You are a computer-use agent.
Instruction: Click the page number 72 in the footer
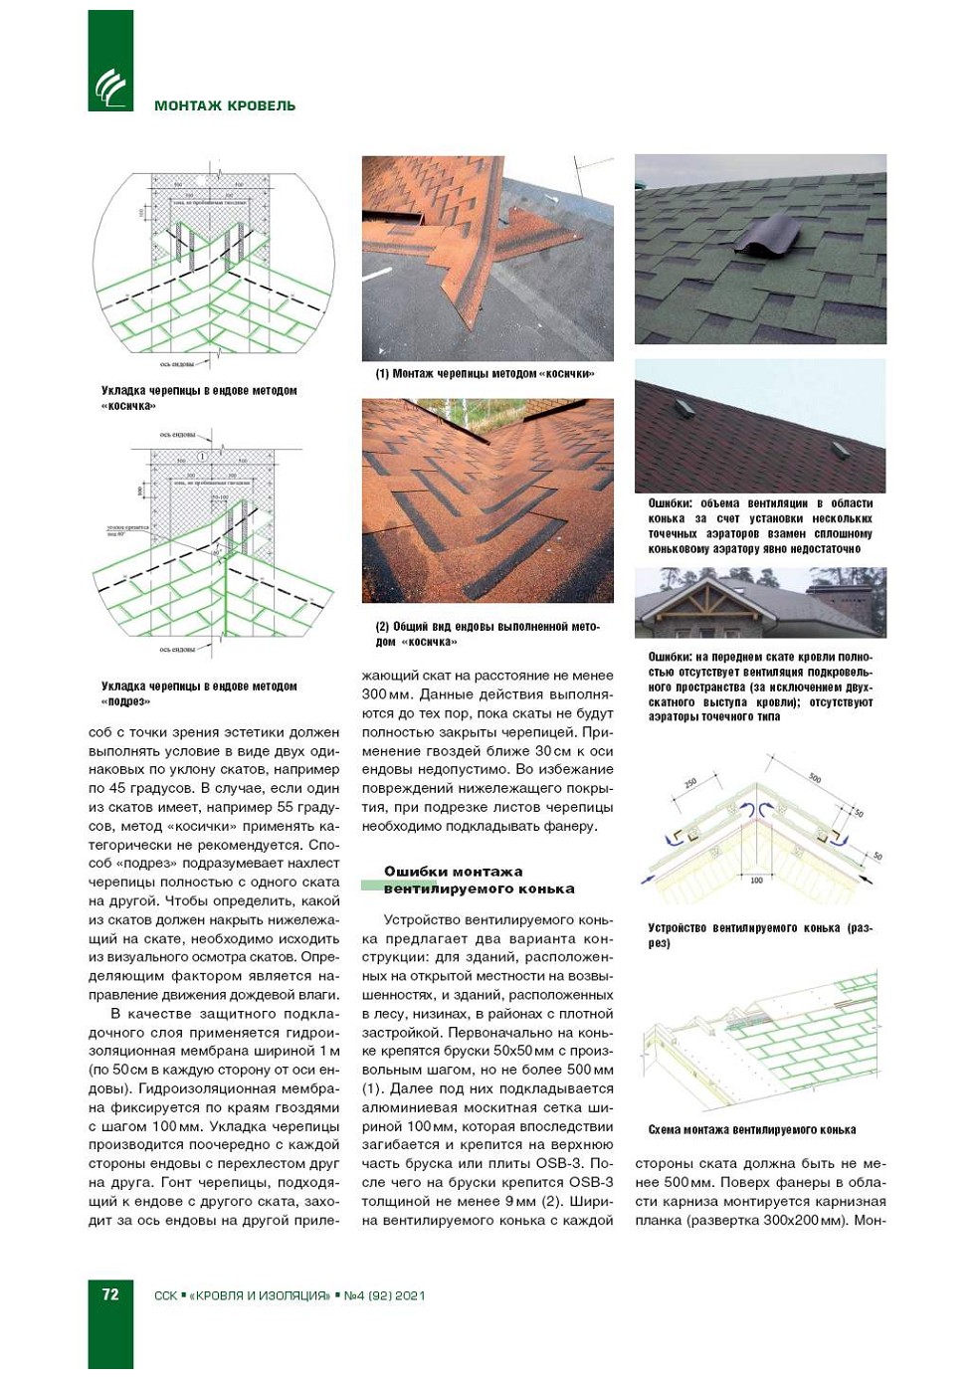click(110, 1294)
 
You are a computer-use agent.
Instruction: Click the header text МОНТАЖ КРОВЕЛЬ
click(225, 105)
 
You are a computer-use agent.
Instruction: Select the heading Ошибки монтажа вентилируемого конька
click(479, 880)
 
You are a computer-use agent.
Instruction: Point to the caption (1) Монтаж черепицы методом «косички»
click(485, 374)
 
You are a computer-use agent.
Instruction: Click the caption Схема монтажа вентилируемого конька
click(751, 1129)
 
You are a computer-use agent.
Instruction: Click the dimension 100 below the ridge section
click(756, 881)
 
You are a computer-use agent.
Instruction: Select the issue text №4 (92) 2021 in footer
click(384, 1295)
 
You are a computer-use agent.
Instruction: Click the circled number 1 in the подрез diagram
click(203, 456)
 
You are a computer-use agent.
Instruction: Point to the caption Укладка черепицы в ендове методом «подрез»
click(199, 693)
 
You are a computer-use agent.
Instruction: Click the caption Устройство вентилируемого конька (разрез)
click(759, 935)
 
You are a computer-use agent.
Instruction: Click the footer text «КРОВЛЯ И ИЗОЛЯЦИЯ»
click(259, 1295)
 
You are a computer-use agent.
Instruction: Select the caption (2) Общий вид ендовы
click(487, 634)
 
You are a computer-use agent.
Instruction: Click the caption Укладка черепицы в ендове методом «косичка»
click(199, 398)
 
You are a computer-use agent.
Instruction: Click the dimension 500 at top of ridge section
click(815, 778)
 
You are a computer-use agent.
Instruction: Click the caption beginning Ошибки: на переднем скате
click(760, 687)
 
